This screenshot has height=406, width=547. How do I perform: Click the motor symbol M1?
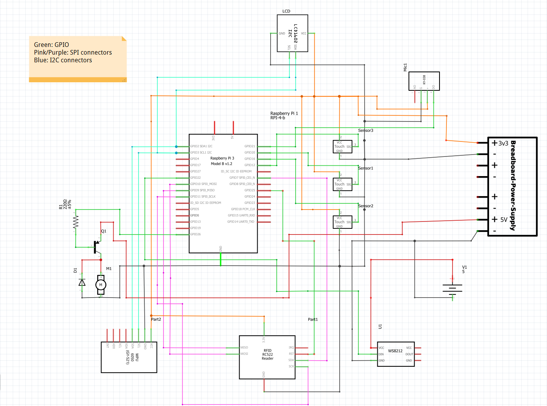(x=101, y=285)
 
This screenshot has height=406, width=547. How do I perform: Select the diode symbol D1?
(x=82, y=283)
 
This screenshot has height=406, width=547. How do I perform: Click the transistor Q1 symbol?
(x=96, y=246)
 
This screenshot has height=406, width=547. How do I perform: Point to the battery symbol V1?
(x=453, y=288)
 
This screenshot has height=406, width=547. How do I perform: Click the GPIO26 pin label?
(x=195, y=234)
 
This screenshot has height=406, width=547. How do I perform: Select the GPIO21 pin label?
(x=250, y=146)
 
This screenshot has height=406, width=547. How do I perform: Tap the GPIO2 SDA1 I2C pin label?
(x=201, y=146)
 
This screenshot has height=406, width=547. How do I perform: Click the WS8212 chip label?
(x=395, y=351)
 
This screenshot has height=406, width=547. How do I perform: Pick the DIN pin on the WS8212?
(x=381, y=354)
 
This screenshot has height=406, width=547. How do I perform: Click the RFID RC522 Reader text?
(x=268, y=354)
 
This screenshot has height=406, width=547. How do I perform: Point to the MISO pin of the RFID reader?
(x=244, y=348)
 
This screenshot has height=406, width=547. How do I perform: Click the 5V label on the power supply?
(x=504, y=220)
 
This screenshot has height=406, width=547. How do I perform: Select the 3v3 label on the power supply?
(x=503, y=143)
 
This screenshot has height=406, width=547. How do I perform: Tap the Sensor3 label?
(x=365, y=130)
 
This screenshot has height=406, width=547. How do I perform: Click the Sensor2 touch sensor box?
(x=342, y=222)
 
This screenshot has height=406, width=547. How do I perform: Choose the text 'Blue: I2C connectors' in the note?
(x=63, y=60)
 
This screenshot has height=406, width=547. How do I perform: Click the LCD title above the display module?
(x=286, y=11)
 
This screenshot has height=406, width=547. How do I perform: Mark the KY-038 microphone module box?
(x=424, y=81)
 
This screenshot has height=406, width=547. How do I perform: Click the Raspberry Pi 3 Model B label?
(x=222, y=161)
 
